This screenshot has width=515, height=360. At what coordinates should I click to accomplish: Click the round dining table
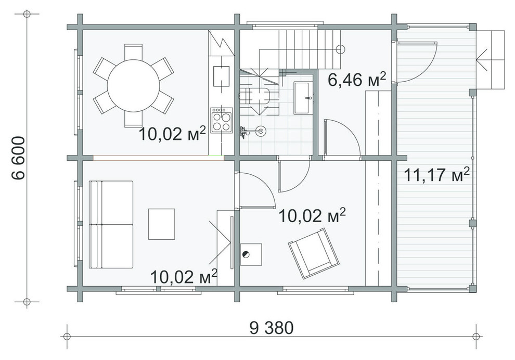[133, 85]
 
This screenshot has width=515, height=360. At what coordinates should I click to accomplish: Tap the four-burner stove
[222, 120]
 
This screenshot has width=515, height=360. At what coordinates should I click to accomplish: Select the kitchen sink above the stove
[222, 76]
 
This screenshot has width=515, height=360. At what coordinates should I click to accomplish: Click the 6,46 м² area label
[357, 79]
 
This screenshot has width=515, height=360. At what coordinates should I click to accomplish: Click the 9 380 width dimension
[272, 327]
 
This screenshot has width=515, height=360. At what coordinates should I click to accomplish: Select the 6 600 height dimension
[18, 158]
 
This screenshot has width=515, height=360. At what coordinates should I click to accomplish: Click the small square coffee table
[162, 224]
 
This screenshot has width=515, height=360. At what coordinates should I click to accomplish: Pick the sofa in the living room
[111, 224]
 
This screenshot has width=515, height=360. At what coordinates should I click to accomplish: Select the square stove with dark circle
[251, 254]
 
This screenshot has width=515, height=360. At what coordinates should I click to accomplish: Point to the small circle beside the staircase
[341, 49]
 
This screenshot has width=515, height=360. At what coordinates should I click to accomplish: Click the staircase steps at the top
[298, 49]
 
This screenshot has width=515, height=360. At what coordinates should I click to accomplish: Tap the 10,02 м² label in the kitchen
[173, 134]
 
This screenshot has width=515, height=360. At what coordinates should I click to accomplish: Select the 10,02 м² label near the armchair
[312, 215]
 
